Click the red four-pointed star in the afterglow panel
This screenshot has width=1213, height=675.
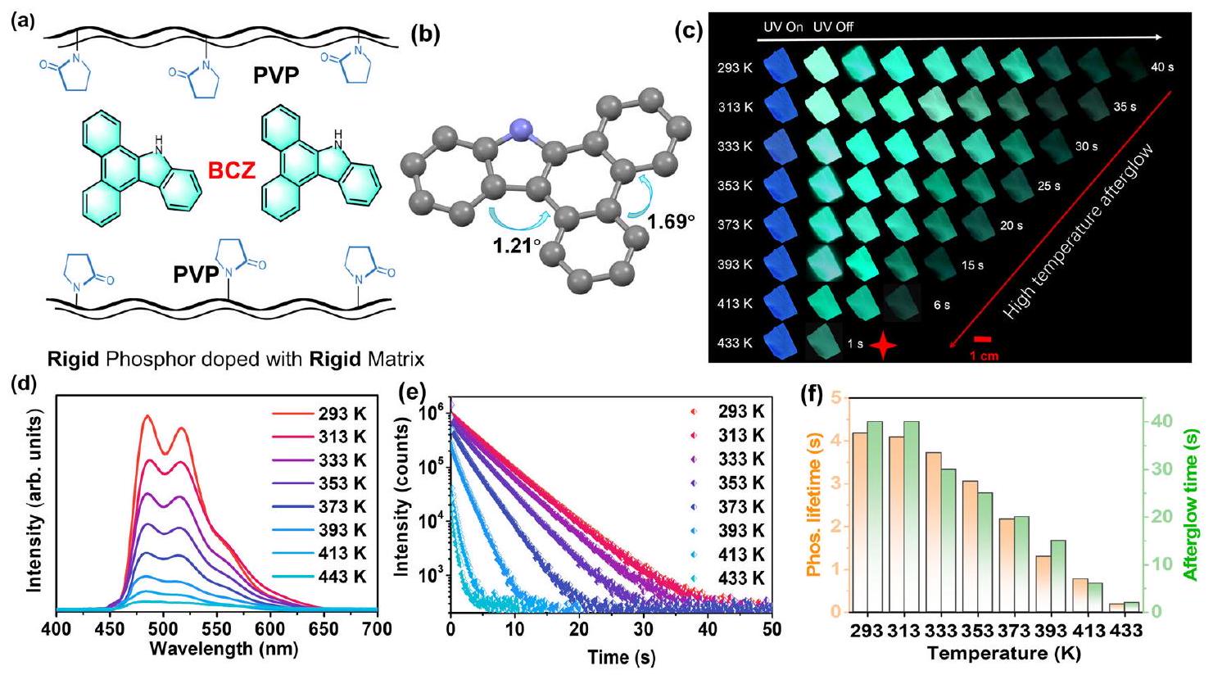coord(883,346)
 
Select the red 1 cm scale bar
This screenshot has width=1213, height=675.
coord(984,338)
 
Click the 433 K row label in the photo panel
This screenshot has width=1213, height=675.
coord(734,343)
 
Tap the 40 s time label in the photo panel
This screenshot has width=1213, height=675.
coord(1161,66)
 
